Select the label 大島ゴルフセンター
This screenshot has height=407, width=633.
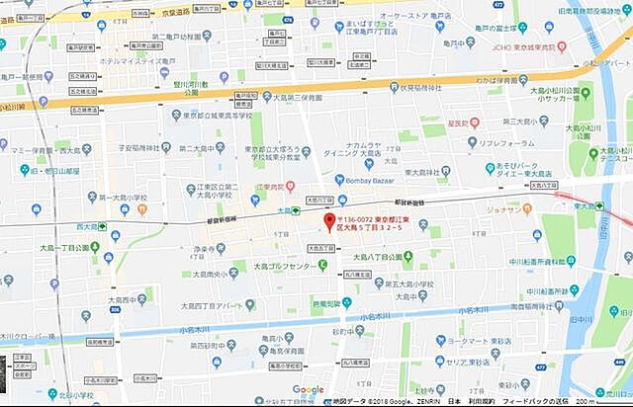(286, 267)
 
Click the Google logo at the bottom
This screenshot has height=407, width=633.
(308, 389)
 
